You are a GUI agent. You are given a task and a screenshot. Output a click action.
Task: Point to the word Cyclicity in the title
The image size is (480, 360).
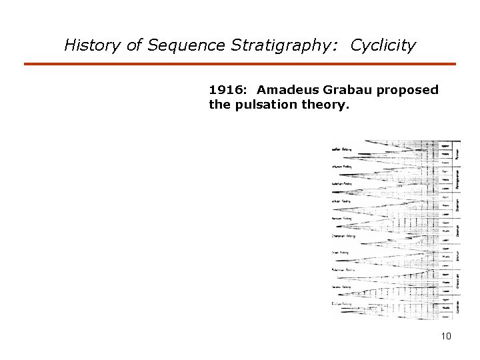point(383,45)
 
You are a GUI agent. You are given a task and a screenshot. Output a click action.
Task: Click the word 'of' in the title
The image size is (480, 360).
point(134,45)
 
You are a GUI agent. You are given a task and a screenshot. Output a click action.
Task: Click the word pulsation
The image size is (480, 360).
point(266,104)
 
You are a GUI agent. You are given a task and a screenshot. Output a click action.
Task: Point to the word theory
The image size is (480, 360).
point(325,105)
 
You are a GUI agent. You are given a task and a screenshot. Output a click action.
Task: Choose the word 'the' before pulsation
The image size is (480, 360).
point(219,104)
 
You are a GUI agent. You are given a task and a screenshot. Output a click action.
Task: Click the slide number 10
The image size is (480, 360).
point(446,336)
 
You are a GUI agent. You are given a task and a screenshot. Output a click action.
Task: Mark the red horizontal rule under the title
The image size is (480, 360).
point(240,64)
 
